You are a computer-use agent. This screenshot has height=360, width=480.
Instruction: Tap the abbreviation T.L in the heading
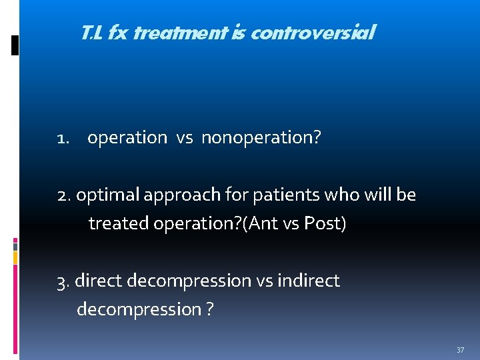91,32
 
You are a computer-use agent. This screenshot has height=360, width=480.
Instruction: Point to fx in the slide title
118,32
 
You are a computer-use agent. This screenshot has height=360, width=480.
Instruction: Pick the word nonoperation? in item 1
261,138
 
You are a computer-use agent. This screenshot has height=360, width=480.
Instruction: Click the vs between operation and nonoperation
184,138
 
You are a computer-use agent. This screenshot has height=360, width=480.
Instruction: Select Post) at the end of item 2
325,223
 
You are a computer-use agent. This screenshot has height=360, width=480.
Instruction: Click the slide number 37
460,350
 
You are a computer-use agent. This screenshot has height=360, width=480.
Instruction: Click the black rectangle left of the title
15,45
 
